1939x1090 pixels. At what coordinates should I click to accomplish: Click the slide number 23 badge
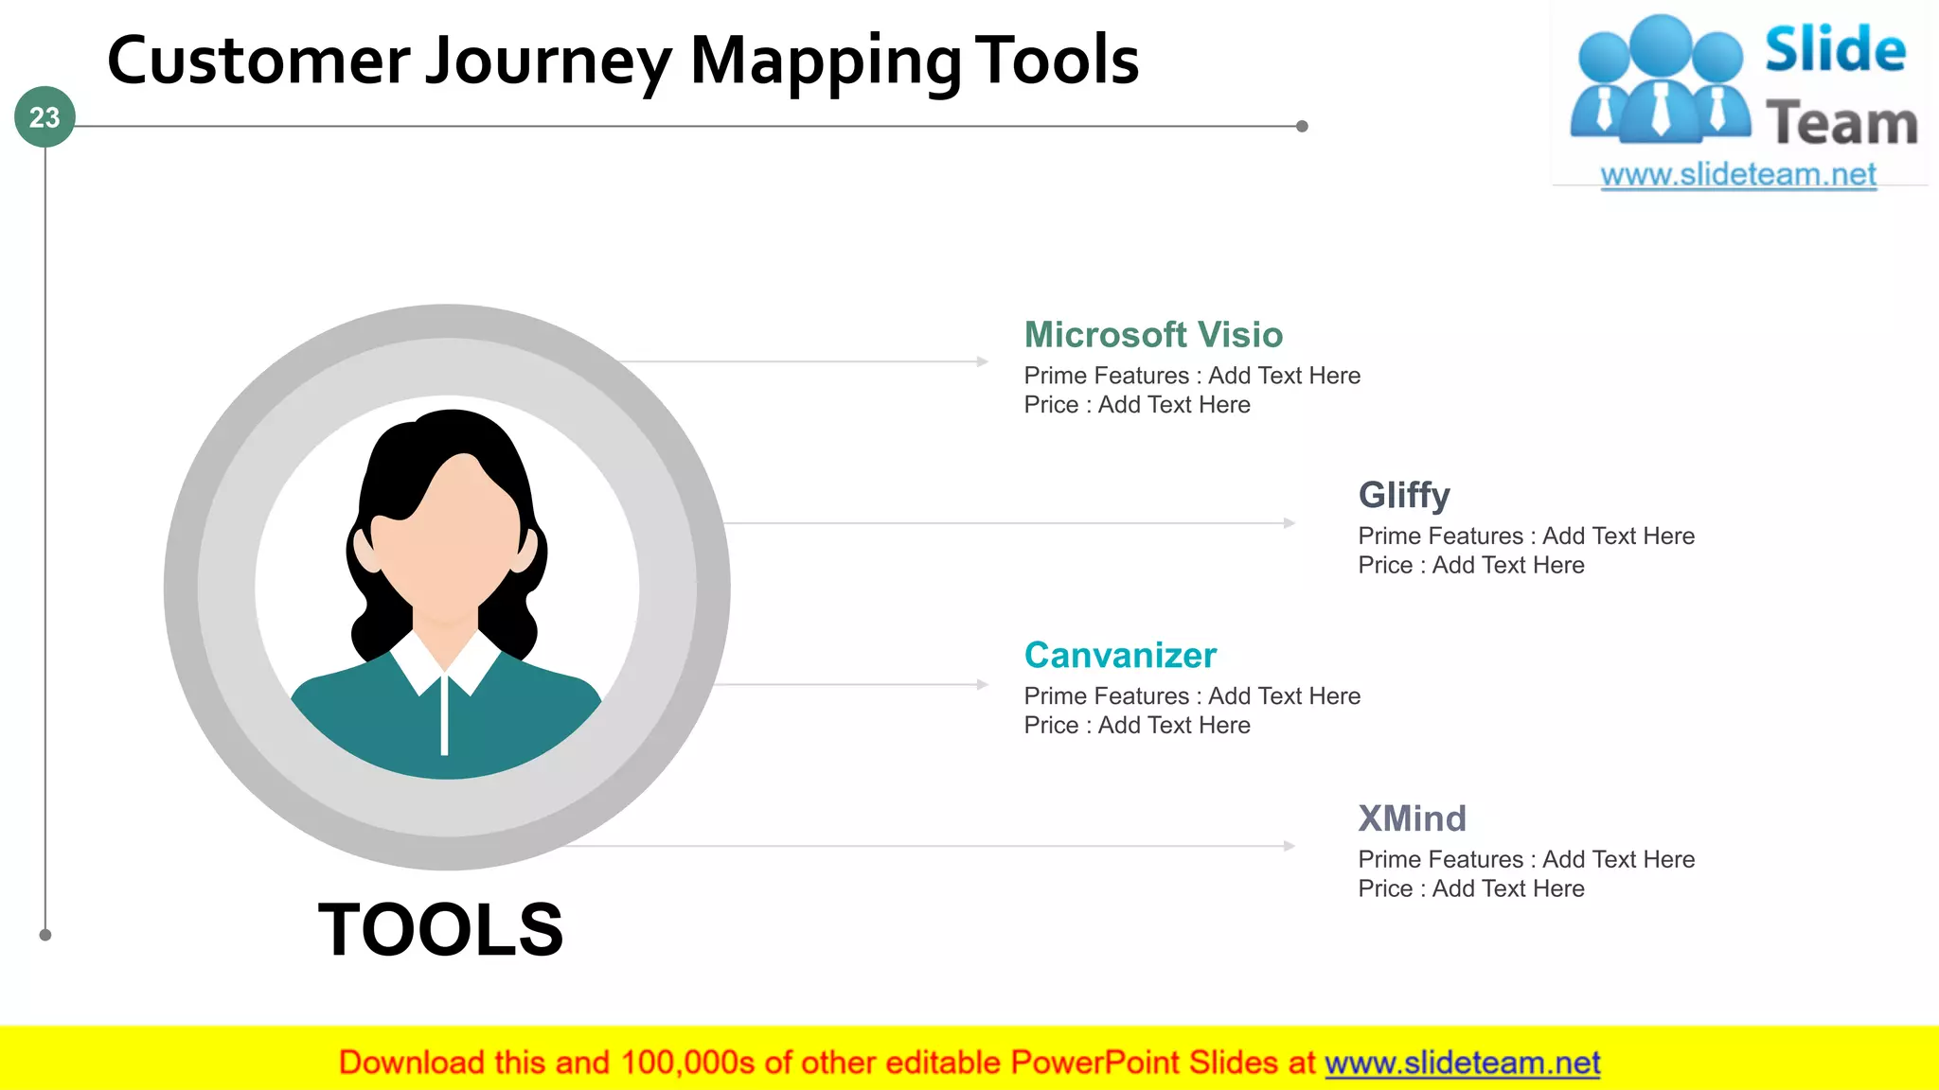44,117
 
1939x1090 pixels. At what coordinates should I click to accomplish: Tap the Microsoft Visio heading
1153,335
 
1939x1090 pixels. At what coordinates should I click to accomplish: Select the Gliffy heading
1403,495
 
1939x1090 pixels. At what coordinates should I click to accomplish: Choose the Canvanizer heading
1120,655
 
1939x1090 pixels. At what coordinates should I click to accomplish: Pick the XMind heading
1412,818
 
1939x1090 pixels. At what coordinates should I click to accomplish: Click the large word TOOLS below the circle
440,929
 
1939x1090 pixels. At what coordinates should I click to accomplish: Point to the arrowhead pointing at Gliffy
1290,523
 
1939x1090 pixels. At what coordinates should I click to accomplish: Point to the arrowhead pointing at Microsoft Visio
983,361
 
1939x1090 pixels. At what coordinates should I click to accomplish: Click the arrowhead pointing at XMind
1290,846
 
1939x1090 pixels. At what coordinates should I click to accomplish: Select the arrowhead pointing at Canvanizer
983,684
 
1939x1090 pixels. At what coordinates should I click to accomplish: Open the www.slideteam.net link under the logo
1737,175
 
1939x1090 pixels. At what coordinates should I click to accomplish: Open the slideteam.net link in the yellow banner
1462,1063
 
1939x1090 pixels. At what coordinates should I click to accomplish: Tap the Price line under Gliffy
1470,566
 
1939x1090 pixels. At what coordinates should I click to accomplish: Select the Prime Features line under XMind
1525,859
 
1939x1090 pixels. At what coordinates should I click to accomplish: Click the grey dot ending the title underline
1302,126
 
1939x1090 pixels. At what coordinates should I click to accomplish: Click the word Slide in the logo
1835,49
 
